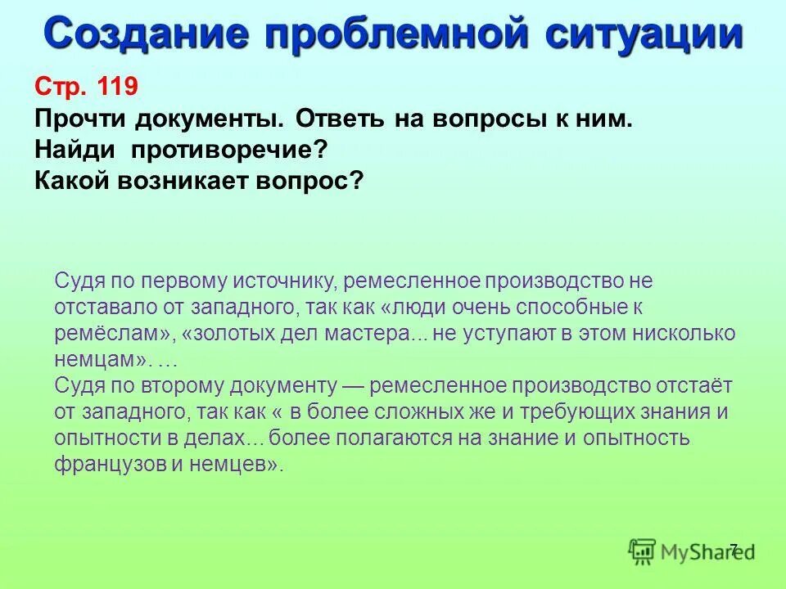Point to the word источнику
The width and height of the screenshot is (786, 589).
[x=284, y=281]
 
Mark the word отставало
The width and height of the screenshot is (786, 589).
[x=100, y=308]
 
